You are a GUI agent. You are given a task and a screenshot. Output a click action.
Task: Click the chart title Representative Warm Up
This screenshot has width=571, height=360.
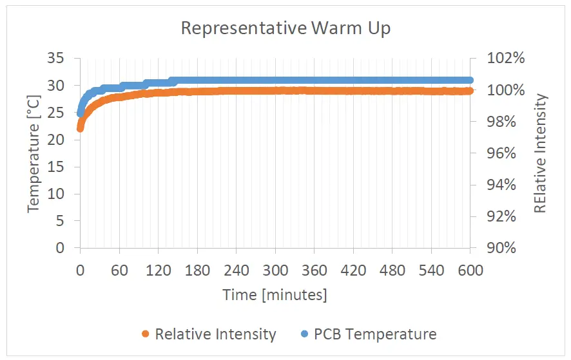(285, 29)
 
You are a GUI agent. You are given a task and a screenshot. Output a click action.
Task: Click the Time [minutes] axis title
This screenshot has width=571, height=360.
(275, 295)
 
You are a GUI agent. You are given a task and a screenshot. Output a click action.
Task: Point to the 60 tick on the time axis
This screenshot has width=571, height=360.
(119, 270)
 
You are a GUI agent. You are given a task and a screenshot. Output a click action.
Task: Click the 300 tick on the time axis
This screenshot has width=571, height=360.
(275, 270)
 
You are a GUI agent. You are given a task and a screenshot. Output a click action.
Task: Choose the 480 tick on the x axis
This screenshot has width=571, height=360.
(392, 270)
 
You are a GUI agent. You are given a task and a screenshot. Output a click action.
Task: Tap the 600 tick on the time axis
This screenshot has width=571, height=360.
(470, 270)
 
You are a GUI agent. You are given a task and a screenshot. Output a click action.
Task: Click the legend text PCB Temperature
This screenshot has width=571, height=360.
(375, 334)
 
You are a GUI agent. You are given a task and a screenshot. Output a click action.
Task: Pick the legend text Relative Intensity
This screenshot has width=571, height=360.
(215, 334)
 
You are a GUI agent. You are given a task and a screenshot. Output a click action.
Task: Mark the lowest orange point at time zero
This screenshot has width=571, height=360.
(81, 129)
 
